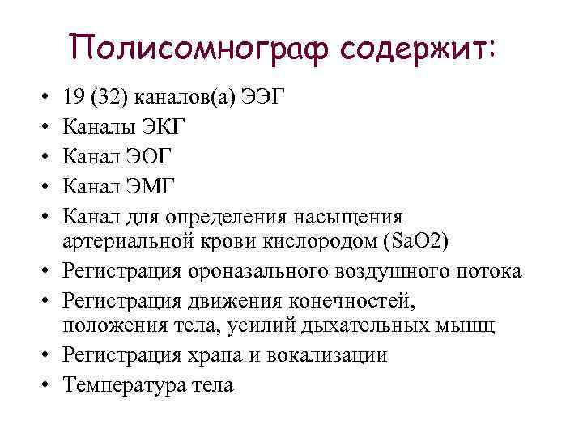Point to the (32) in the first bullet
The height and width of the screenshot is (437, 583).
point(109,98)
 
